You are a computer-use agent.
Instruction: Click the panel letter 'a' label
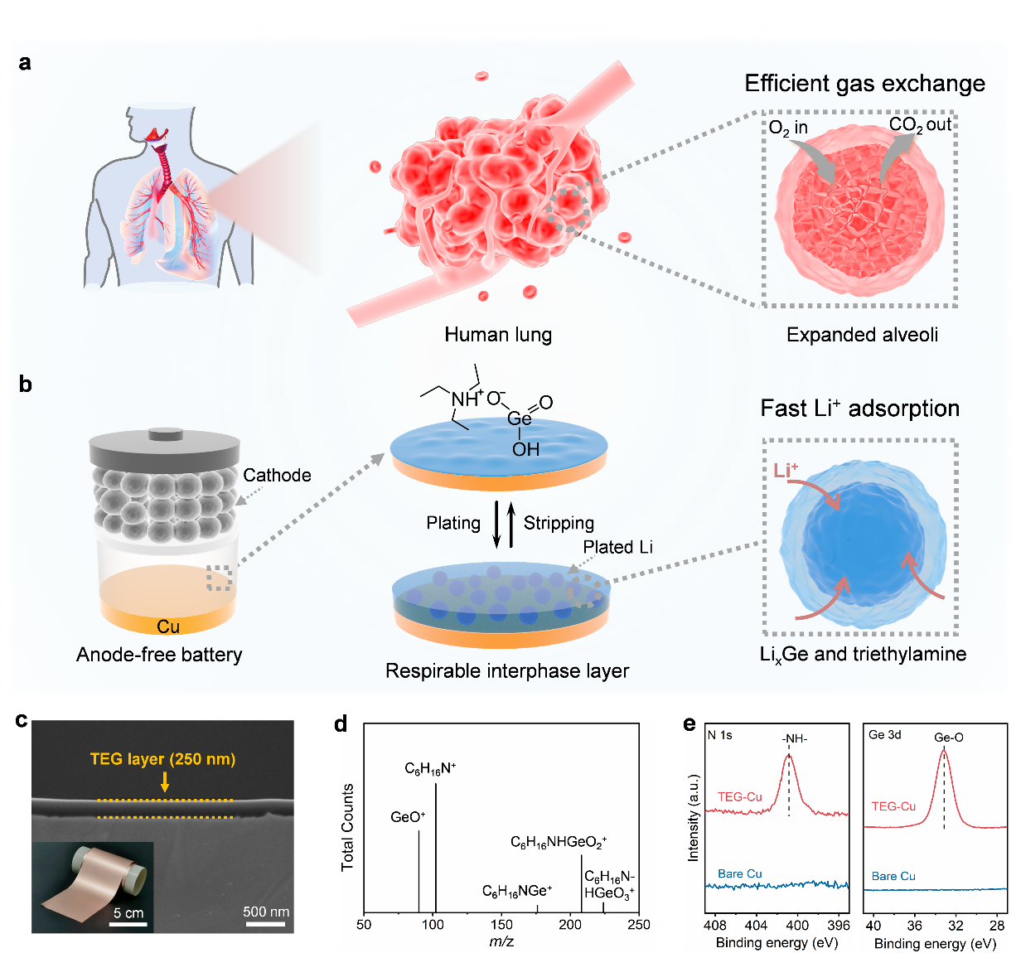25,64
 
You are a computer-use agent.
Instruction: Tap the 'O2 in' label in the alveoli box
787,128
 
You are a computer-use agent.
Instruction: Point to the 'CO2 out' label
919,125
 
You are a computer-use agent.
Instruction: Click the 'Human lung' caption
497,335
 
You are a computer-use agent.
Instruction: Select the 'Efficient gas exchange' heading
864,84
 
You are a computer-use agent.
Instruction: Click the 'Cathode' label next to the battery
277,476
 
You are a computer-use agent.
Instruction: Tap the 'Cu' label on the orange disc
168,626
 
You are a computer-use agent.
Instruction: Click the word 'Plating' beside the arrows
453,523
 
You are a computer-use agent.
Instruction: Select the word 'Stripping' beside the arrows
559,523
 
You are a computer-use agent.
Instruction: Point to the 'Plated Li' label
617,547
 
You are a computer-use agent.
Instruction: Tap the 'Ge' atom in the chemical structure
519,419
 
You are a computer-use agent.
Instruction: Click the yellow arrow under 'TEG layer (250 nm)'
165,781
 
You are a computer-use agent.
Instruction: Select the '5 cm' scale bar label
128,913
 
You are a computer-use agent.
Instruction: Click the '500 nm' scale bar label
266,912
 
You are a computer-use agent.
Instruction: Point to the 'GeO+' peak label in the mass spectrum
408,817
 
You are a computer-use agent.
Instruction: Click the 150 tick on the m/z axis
501,925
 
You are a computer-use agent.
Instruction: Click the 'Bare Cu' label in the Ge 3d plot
893,876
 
